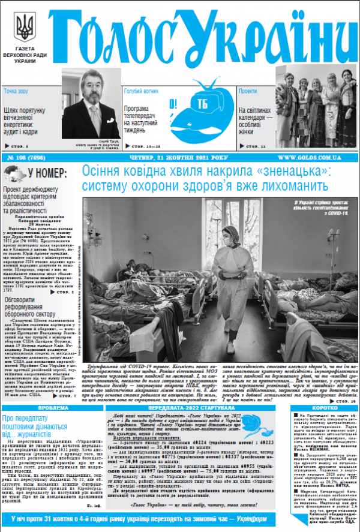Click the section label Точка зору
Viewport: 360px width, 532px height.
[16, 92]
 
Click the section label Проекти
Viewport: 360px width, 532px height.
[248, 92]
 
